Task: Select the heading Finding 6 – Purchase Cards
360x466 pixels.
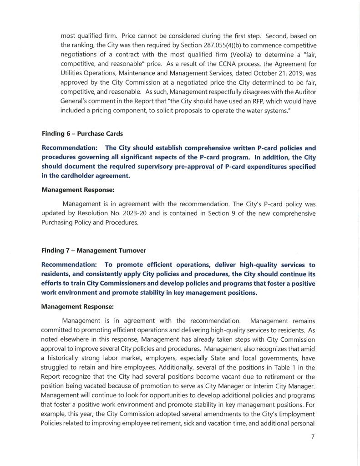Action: click(82, 134)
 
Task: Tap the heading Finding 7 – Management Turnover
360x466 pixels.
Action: click(93, 250)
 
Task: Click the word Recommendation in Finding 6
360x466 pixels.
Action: click(70, 147)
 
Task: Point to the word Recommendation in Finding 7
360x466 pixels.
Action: click(70, 264)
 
